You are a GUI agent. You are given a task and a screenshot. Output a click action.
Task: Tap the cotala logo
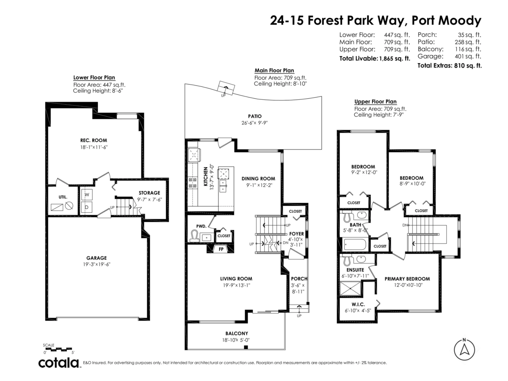point(59,363)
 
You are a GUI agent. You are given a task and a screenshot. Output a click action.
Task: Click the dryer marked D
point(87,207)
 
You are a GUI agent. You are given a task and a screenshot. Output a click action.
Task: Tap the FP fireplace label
point(221,249)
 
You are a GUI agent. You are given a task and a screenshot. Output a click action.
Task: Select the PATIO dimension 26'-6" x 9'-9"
point(254,123)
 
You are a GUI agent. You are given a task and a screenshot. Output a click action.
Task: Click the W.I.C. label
point(358,304)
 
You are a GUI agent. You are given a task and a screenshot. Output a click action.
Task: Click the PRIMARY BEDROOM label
point(407,279)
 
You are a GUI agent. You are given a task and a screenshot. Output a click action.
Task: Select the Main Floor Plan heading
point(274,70)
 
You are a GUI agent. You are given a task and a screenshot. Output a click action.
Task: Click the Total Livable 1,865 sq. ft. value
point(394,58)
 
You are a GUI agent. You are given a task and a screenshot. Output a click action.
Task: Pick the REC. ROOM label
point(93,140)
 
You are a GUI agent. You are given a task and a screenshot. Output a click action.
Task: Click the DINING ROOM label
point(258,178)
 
